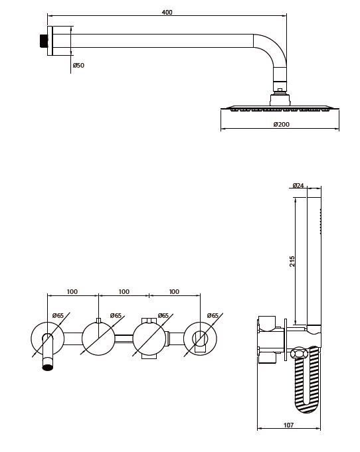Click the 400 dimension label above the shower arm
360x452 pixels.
(x=167, y=13)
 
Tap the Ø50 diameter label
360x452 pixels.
(x=78, y=66)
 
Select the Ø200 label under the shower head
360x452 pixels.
(x=281, y=125)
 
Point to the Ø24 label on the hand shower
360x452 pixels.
(x=298, y=185)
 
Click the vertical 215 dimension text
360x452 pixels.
(x=292, y=261)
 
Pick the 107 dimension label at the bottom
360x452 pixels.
(x=288, y=425)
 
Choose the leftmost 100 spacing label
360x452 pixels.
(x=72, y=292)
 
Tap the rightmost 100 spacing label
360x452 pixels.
(x=174, y=292)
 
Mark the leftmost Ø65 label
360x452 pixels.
(x=58, y=316)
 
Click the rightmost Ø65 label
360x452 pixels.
(x=213, y=316)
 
